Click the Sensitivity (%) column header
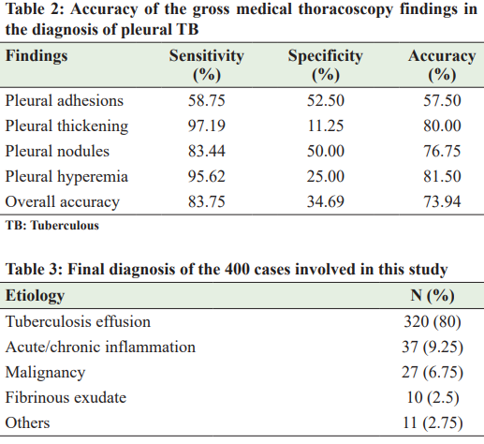click(x=207, y=65)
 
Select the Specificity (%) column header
click(x=326, y=65)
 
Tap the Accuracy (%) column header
click(x=442, y=65)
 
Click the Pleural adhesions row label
click(x=65, y=100)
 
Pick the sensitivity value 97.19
click(x=206, y=126)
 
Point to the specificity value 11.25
click(x=326, y=126)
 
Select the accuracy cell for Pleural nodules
click(x=442, y=151)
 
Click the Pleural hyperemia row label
click(x=66, y=177)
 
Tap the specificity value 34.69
click(x=326, y=201)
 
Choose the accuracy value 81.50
click(x=442, y=176)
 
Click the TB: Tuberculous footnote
click(x=52, y=226)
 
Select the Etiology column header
click(x=35, y=295)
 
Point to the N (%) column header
click(x=433, y=295)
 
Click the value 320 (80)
click(x=433, y=321)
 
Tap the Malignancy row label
click(x=45, y=373)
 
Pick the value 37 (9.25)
click(x=433, y=347)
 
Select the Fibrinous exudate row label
click(x=66, y=397)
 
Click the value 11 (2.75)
click(x=433, y=422)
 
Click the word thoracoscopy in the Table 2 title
click(x=345, y=9)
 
